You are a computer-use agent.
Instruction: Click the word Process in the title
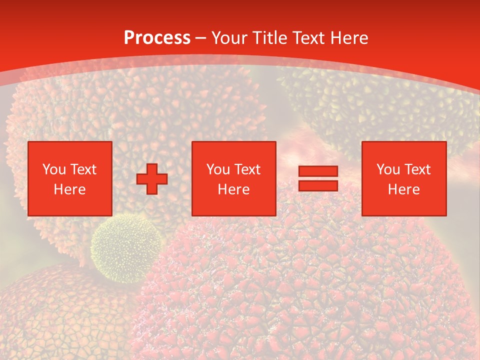coord(157,38)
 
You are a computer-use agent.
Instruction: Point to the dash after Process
coord(201,38)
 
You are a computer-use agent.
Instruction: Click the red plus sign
coord(152,179)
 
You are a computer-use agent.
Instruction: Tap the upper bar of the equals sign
coord(318,171)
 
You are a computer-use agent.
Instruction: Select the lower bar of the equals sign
coord(318,185)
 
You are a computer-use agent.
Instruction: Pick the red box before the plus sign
coord(70,178)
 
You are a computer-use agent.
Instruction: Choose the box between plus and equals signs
coord(234,178)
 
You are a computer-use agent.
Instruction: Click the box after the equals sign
coord(404,178)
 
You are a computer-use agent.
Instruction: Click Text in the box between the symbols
coord(247,169)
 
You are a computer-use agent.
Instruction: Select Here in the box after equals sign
coord(404,189)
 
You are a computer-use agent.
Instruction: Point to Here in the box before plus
coord(70,189)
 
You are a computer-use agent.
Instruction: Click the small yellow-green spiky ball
coord(126,247)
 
